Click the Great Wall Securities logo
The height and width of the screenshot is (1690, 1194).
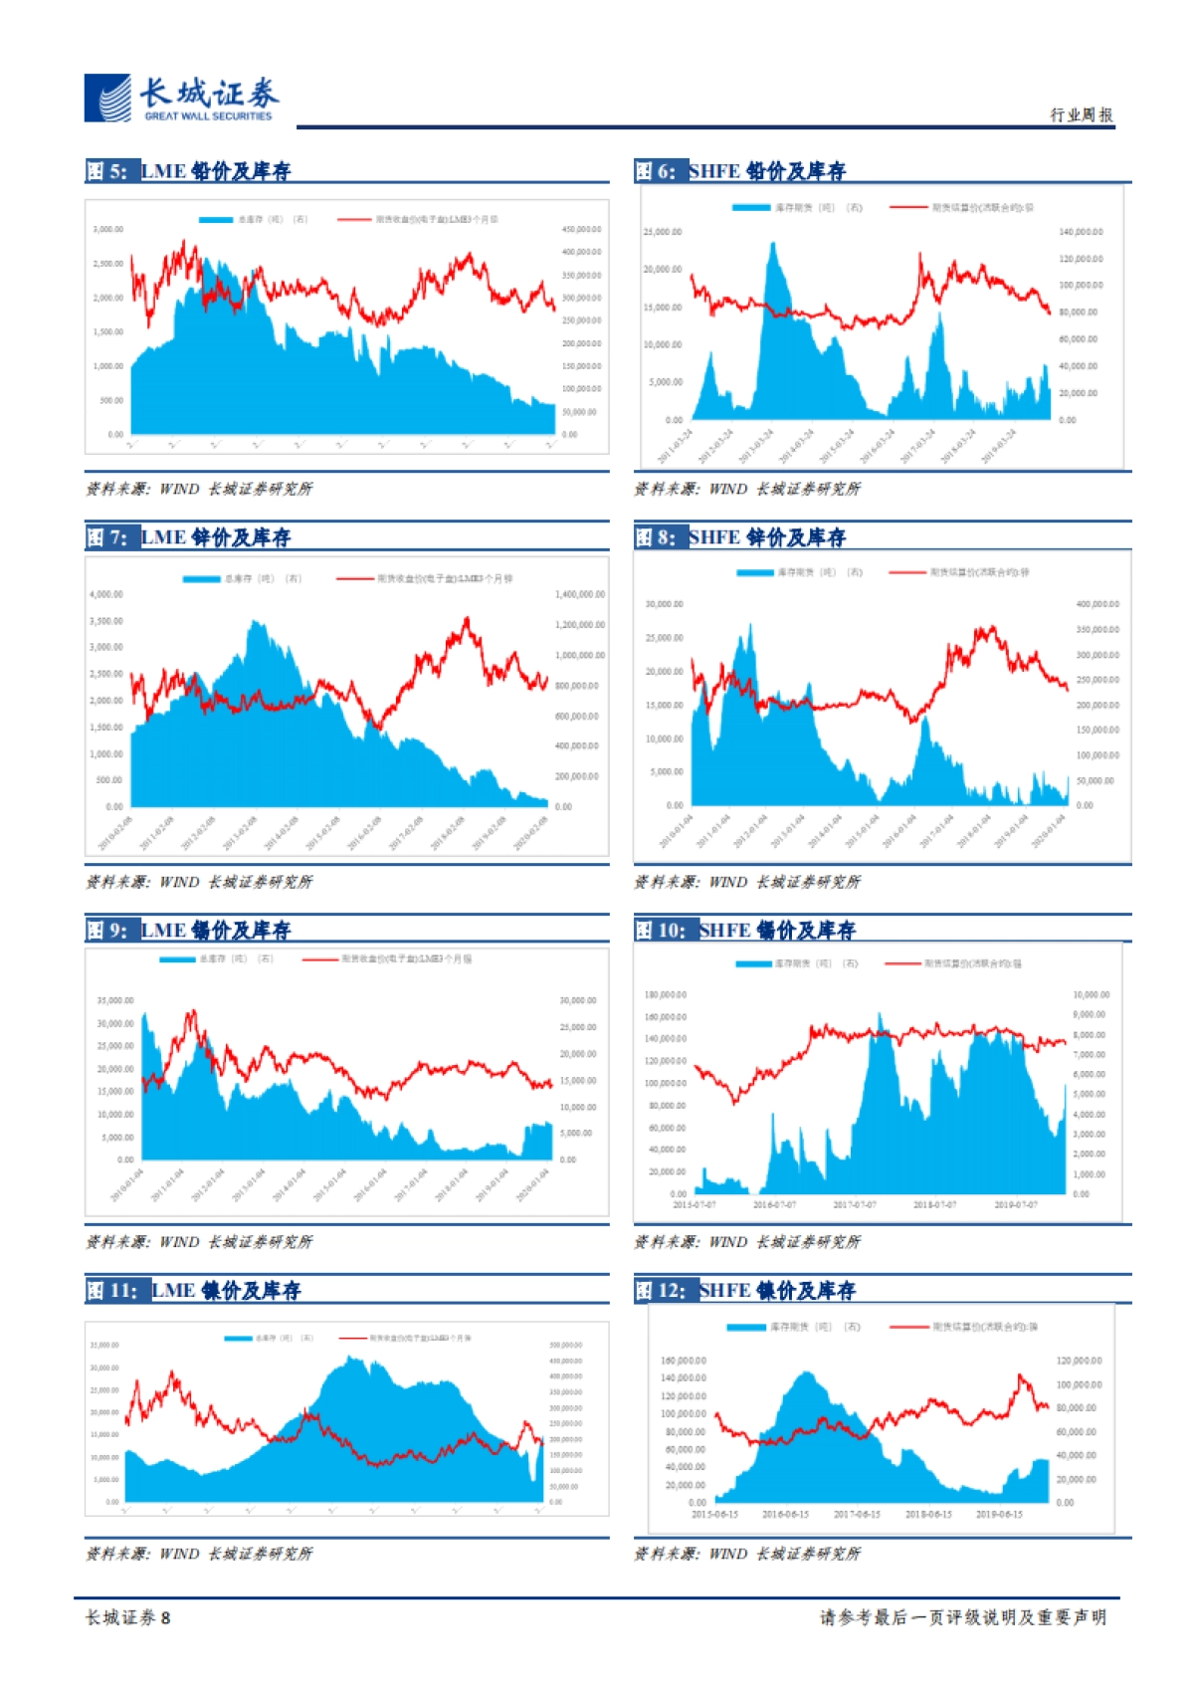180,99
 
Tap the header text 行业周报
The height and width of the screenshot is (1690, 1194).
1081,115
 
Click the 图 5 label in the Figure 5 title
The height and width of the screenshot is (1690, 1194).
106,171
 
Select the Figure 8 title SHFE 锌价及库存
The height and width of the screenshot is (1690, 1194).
766,537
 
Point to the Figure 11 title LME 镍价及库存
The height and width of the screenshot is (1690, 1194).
225,1291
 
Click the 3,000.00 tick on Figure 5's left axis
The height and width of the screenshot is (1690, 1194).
108,229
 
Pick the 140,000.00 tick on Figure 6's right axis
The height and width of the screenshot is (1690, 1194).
1081,232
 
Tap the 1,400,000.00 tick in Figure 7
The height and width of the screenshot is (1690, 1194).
579,594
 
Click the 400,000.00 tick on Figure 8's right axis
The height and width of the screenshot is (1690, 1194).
1097,604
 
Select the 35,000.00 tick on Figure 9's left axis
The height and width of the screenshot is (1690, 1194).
115,1000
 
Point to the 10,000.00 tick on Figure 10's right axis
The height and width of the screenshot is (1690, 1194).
1091,994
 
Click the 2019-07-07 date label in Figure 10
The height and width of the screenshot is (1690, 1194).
1015,1205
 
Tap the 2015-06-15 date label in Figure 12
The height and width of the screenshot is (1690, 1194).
714,1515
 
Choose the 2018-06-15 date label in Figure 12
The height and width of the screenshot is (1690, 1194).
928,1515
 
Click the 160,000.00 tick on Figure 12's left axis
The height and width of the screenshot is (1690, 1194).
684,1361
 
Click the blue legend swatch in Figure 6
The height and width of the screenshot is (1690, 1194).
751,208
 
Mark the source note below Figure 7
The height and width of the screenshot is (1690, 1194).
199,882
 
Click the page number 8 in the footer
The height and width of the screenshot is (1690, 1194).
166,1618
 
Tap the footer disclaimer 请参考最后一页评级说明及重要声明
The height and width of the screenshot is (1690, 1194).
962,1618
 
